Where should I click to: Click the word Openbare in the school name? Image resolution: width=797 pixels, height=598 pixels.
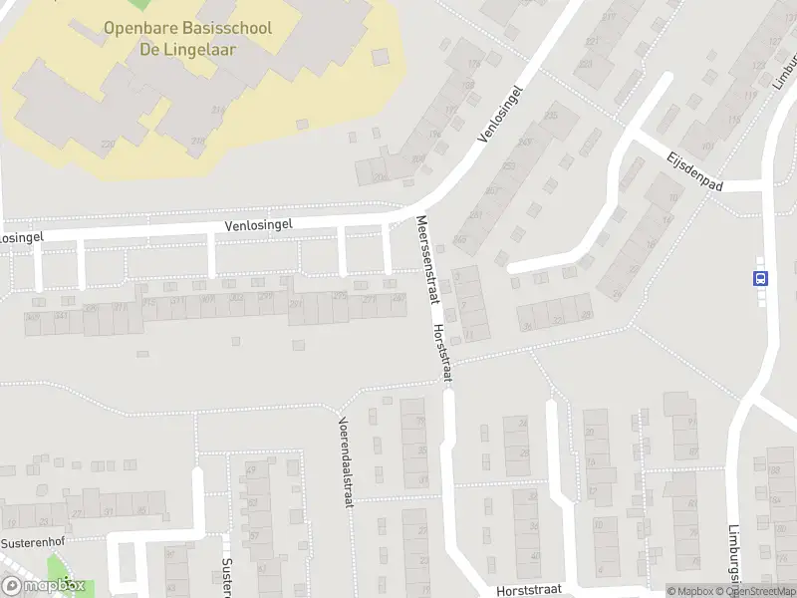point(136,28)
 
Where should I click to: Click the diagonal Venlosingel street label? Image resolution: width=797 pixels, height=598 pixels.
point(499,112)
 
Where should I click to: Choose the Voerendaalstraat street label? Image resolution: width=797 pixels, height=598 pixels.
point(345,461)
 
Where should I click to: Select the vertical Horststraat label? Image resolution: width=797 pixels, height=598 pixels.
point(442,353)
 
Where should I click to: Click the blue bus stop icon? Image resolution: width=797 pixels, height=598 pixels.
point(761,279)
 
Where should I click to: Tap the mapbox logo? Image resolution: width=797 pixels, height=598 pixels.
point(42,586)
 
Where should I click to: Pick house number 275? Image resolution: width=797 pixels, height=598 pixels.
point(340,296)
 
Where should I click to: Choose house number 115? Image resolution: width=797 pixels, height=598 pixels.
point(736,121)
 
